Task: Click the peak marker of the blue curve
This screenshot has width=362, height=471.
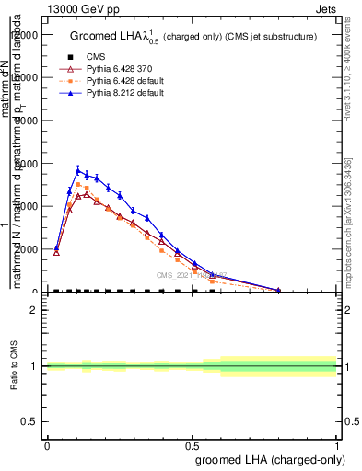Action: pos(78,170)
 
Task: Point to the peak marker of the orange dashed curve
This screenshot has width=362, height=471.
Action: pos(78,185)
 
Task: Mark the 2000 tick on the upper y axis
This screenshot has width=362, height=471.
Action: pos(27,249)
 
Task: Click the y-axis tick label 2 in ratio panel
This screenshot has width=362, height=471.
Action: pos(34,310)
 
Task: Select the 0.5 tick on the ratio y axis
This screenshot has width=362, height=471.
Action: pos(29,421)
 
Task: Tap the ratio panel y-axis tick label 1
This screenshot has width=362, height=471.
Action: pos(34,366)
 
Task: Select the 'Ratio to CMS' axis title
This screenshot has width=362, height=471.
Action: pos(14,366)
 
